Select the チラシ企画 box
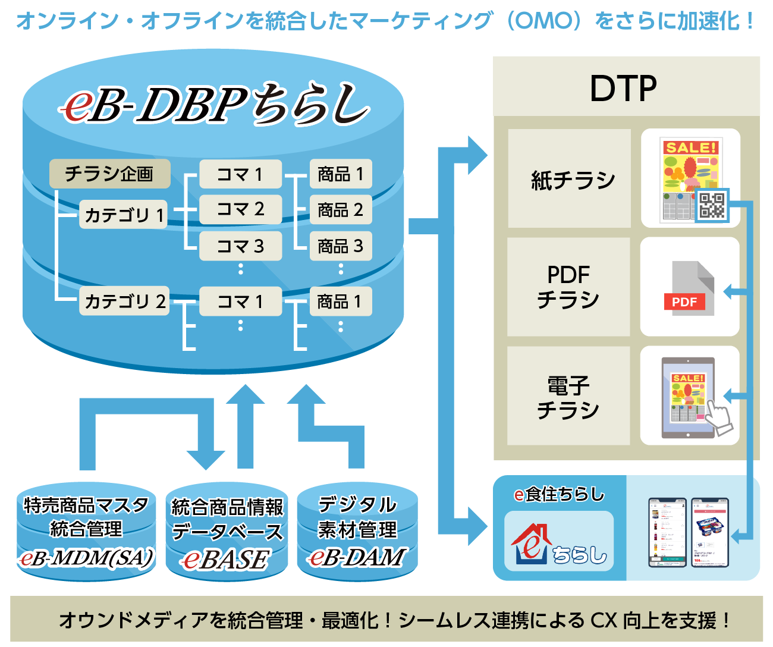point(109,174)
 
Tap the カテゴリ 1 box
point(124,215)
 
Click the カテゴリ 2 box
point(124,301)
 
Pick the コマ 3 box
point(240,246)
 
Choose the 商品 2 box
point(340,210)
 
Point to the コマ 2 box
point(240,209)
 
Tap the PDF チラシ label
point(568,287)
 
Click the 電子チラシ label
point(568,396)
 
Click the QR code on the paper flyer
point(712,205)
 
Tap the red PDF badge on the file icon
point(684,301)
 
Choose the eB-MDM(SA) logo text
point(86,558)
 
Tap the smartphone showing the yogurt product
point(710,532)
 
